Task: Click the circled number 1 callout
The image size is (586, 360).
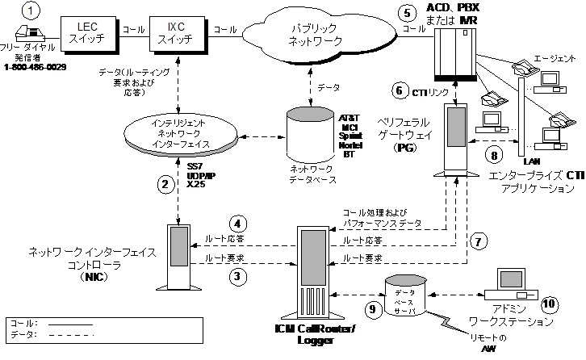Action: click(x=31, y=10)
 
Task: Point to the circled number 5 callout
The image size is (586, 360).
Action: click(x=406, y=13)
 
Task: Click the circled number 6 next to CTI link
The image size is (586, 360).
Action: click(x=396, y=89)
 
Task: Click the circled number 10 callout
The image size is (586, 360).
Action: click(x=549, y=304)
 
